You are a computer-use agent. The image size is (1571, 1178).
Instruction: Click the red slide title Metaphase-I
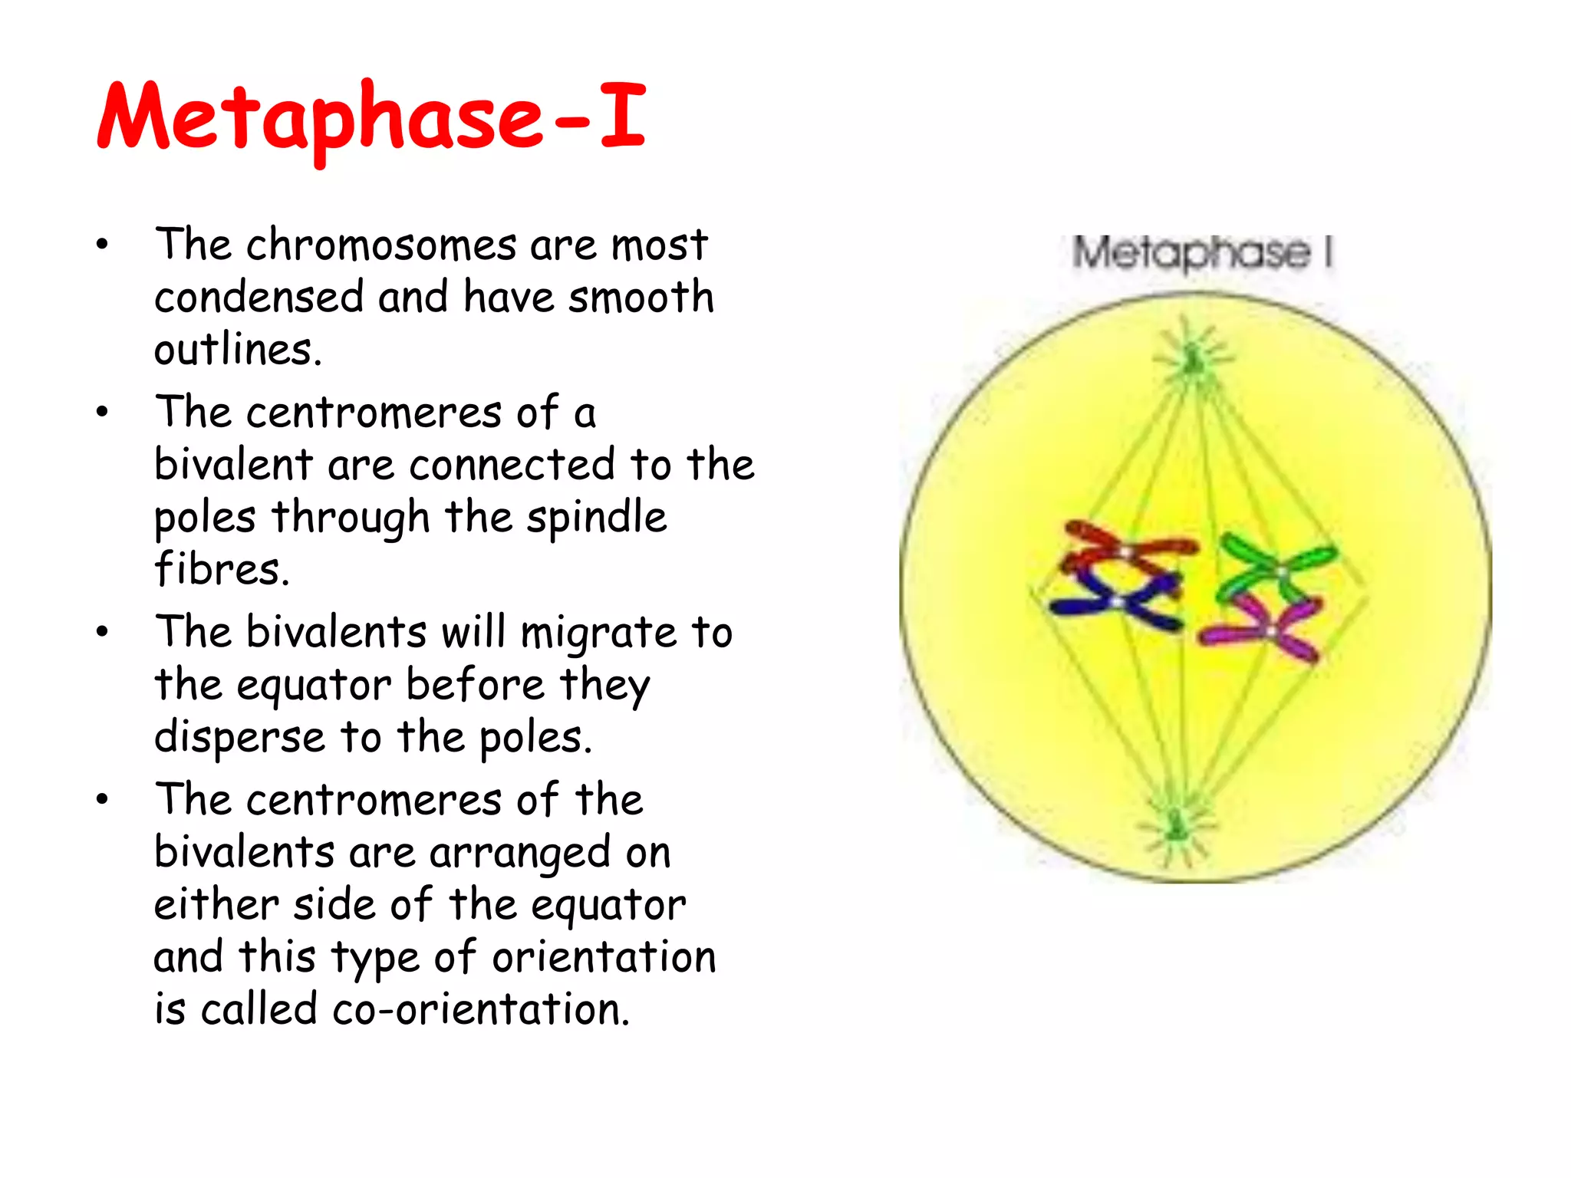(x=371, y=117)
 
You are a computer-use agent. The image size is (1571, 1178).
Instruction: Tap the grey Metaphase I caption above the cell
(x=1201, y=252)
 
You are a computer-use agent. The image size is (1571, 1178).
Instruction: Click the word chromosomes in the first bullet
(x=381, y=245)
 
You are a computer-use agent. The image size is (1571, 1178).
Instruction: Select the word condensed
(x=259, y=298)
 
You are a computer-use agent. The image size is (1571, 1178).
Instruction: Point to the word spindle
(x=596, y=517)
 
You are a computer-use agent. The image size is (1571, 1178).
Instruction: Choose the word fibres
(x=222, y=569)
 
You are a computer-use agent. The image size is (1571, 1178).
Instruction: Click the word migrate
(x=598, y=633)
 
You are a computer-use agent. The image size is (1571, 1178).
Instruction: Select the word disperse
(x=239, y=738)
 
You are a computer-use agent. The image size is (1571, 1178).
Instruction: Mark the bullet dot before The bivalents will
(x=103, y=632)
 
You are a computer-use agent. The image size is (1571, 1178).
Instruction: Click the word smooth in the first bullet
(x=641, y=298)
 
